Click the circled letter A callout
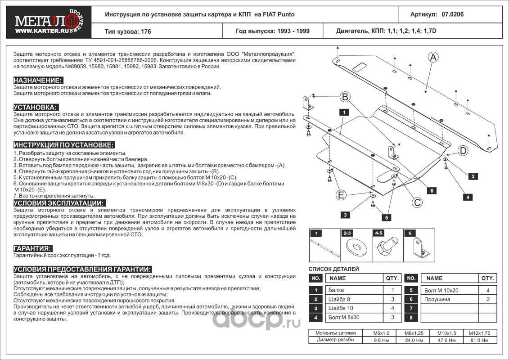pos(433,57)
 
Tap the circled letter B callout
pos(345,96)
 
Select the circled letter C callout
pos(417,202)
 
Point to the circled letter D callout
pos(463,151)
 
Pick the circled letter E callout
pos(341,195)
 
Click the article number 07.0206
pos(453,14)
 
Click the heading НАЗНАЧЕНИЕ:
pos(38,80)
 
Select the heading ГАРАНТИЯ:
pos(33,248)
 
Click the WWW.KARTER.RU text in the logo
pos(38,31)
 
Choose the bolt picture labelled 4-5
pos(386,247)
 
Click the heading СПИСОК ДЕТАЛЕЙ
pos(333,269)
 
